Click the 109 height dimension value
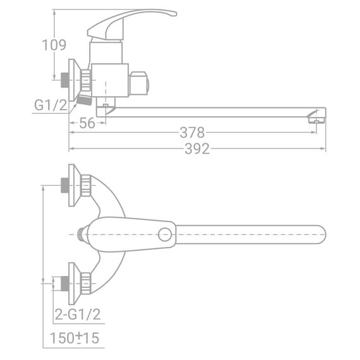coord(54,45)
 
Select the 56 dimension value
coord(87,123)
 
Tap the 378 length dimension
coord(192,133)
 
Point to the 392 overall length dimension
coord(196,149)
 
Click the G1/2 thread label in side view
coord(51,105)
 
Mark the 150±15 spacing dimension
coord(75,338)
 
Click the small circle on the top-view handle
coord(165,234)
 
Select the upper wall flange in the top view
coord(74,184)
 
